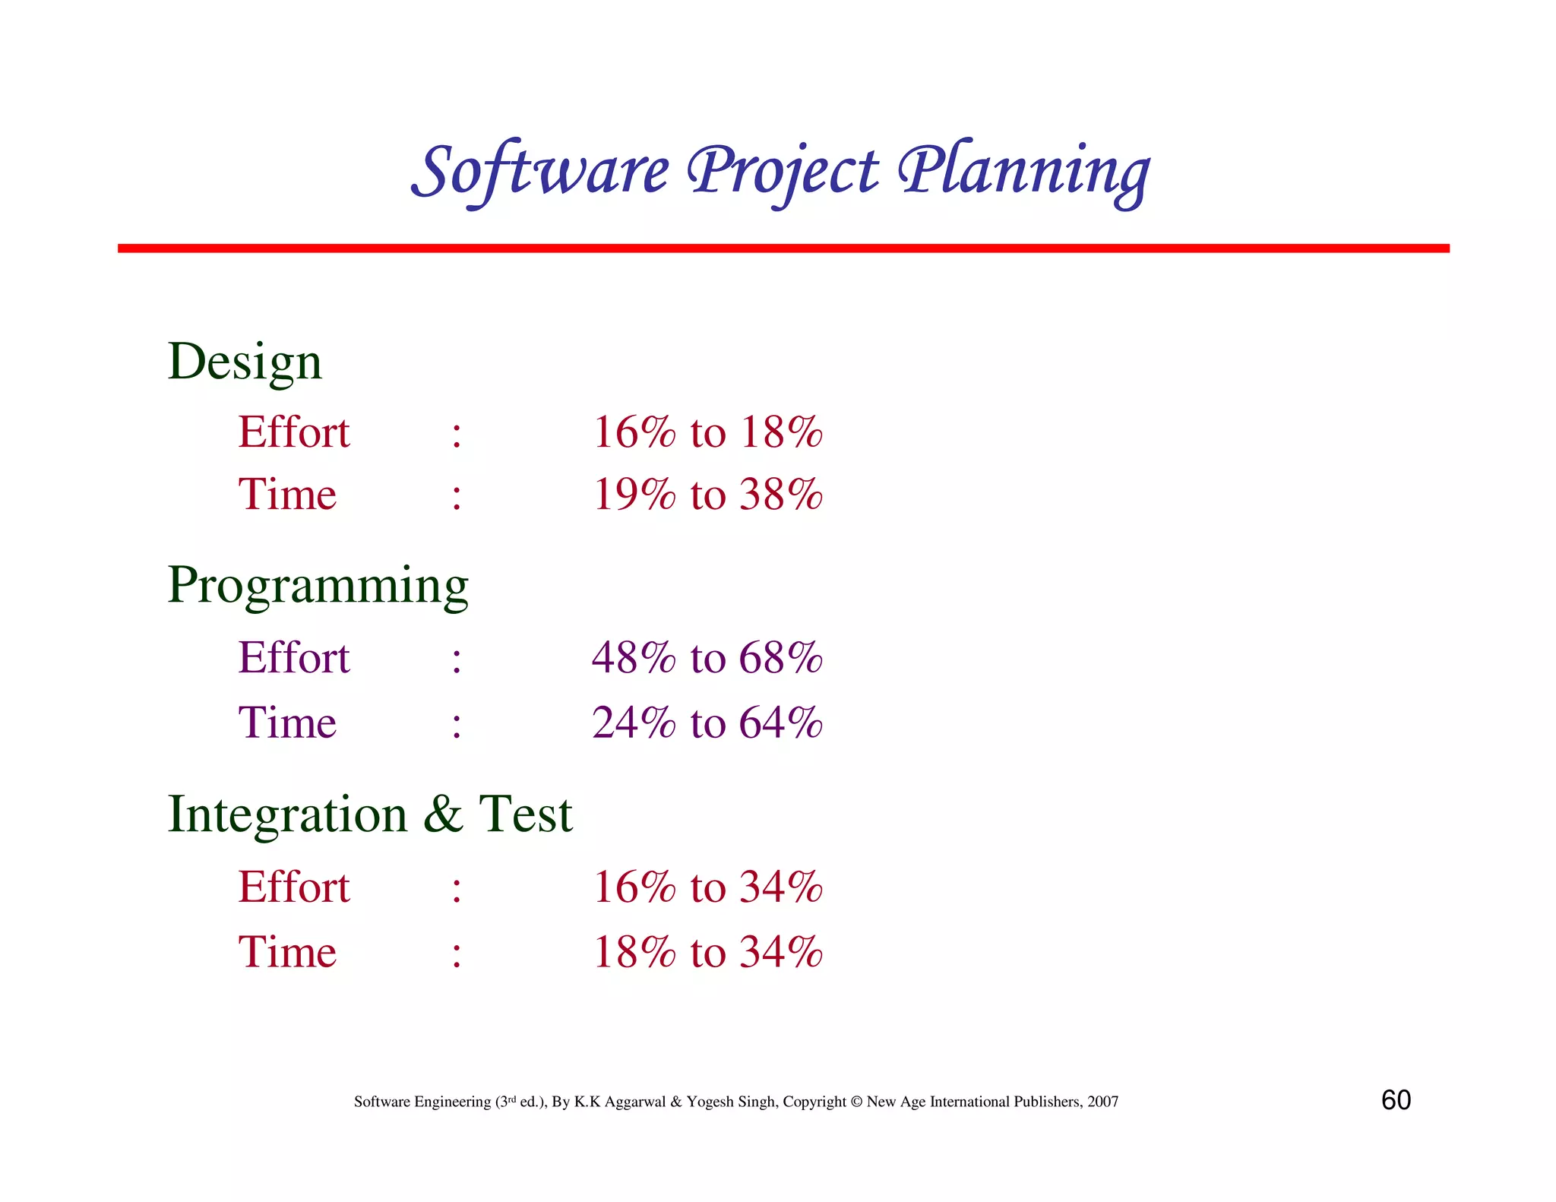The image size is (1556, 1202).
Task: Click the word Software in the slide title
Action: tap(540, 170)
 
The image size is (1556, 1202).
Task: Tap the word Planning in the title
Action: tap(1023, 170)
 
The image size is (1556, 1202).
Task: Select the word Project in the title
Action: tap(783, 170)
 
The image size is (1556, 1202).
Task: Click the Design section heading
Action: tap(245, 362)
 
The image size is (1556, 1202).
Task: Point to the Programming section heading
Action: tap(318, 586)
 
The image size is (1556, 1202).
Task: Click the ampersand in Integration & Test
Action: tap(443, 814)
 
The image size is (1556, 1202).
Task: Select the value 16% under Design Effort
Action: tap(634, 432)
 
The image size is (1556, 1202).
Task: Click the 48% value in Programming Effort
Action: tap(634, 657)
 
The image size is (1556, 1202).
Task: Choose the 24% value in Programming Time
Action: tap(634, 723)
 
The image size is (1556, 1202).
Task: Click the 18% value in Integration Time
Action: tap(634, 952)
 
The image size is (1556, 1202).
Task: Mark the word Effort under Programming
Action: tap(294, 657)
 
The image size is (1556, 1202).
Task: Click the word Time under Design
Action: tap(287, 495)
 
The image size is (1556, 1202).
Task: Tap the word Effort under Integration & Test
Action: tap(294, 887)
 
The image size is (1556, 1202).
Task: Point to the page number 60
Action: tap(1396, 1100)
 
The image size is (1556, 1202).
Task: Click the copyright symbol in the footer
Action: tap(856, 1102)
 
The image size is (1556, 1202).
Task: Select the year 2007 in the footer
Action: tap(1102, 1102)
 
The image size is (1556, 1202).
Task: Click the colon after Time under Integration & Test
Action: tap(456, 954)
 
